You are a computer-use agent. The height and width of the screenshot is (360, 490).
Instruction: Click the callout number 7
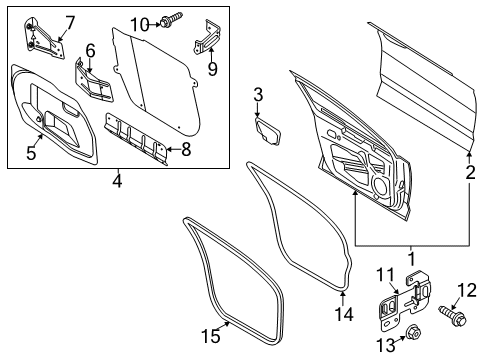70,21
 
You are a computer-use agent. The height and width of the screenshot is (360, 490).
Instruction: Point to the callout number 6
90,50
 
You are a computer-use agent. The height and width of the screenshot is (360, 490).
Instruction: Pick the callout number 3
257,95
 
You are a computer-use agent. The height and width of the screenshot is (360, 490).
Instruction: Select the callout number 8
182,151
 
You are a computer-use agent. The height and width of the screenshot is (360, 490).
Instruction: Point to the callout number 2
470,172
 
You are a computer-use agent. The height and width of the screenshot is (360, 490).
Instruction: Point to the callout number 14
344,313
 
